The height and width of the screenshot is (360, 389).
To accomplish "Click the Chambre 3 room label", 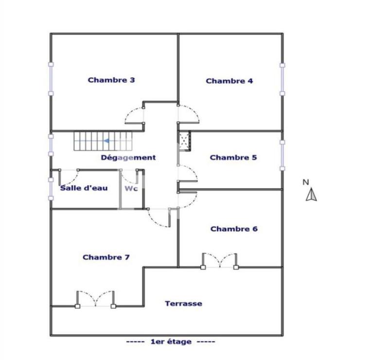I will coord(111,80).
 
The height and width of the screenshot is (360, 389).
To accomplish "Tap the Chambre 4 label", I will coord(229,81).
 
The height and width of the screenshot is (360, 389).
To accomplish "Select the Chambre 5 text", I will coord(233,158).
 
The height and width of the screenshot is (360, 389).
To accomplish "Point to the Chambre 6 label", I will coord(234,229).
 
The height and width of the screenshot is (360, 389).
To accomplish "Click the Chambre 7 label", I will coord(106,257).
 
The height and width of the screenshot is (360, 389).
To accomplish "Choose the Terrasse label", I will coord(183,304).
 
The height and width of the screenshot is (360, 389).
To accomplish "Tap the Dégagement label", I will coord(128,158).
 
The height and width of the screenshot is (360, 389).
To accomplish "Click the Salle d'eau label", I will coord(84,188).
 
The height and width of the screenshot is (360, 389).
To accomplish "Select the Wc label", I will coord(131,188).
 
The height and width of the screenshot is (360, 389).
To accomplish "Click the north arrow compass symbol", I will coord(311,195).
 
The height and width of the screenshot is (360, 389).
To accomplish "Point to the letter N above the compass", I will coord(306,182).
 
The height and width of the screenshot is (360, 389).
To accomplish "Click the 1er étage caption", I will coord(171,342).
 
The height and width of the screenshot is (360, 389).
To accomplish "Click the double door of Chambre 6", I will coord(220,261).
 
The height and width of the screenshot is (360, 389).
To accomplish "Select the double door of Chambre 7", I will coord(95,300).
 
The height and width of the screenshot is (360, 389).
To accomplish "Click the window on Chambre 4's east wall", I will coord(282,79).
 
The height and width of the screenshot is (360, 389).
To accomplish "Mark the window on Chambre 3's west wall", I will coord(51,79).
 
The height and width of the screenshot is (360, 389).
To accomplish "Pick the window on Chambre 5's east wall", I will coord(282,156).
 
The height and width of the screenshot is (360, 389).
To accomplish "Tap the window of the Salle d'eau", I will coord(51,188).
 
